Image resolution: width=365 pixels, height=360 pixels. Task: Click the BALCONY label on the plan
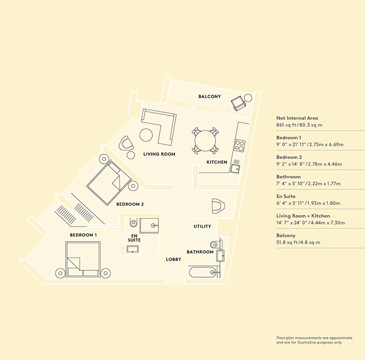(210, 96)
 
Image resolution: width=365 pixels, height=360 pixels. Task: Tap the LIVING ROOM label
(159, 154)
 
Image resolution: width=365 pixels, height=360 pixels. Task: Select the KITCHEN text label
(217, 162)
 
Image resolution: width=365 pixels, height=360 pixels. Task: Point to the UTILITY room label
(202, 226)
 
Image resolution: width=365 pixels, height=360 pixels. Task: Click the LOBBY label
(174, 259)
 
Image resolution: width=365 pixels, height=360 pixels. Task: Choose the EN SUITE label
(134, 238)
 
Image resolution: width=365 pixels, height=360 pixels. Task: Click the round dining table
(205, 141)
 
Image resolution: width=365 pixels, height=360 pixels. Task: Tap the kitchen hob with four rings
(240, 145)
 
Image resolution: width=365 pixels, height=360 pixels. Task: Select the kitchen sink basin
(235, 168)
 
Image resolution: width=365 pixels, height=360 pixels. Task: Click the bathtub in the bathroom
(203, 272)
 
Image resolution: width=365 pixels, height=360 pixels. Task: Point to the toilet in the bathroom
(216, 244)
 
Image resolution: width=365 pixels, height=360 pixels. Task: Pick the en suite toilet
(133, 222)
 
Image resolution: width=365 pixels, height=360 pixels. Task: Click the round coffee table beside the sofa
(146, 135)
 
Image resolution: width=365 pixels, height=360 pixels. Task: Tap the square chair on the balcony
(238, 104)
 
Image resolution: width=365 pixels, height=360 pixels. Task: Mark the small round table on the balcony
(248, 98)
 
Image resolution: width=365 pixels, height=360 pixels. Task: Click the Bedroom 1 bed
(83, 259)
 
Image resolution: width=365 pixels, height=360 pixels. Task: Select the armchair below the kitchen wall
(219, 206)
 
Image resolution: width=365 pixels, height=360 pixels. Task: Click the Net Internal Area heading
(297, 118)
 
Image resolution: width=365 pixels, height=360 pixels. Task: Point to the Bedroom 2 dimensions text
(309, 164)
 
